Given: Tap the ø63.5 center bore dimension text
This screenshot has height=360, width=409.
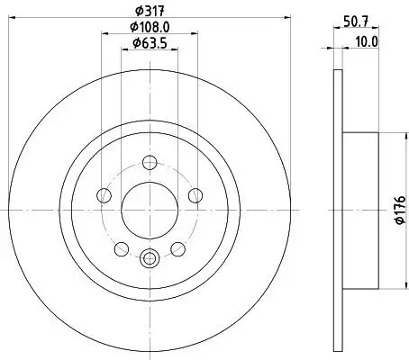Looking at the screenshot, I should (150, 42).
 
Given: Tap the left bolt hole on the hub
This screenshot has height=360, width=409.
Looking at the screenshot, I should (105, 196).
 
